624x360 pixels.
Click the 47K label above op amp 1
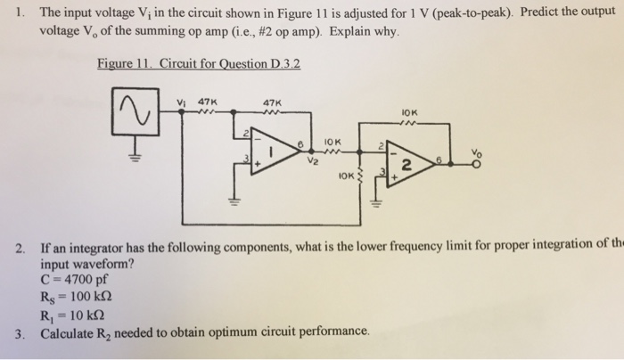[273, 101]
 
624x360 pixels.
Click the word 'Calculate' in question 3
[71, 331]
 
